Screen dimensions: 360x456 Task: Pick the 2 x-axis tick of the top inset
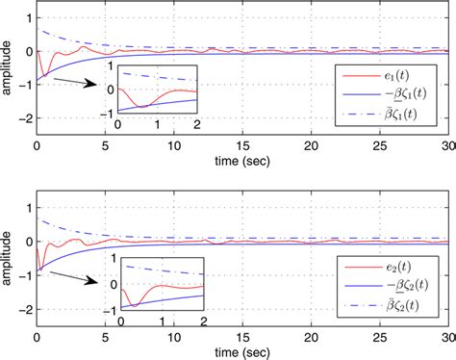(x=196, y=125)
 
